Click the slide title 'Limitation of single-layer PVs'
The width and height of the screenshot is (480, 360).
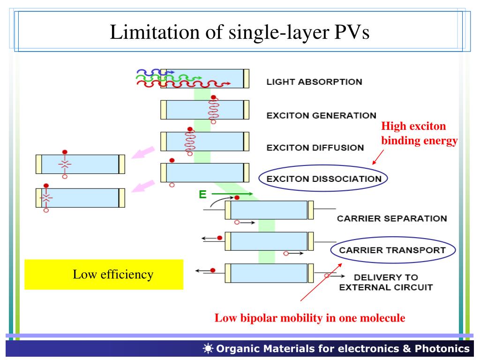(x=240, y=32)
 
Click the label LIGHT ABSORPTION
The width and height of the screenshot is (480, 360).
(x=314, y=82)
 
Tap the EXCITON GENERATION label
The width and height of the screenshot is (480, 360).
(x=321, y=115)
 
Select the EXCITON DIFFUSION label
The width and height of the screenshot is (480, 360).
(x=315, y=148)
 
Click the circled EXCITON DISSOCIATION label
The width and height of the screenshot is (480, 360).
(x=323, y=179)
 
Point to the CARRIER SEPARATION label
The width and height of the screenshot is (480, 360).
(x=392, y=218)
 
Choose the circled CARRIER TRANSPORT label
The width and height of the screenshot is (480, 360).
(x=392, y=250)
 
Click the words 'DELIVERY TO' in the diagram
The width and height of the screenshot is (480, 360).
(x=386, y=277)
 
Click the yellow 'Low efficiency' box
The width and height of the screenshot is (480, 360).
(x=104, y=274)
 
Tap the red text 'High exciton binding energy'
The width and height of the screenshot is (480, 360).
(x=419, y=134)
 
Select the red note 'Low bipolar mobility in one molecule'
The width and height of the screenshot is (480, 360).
(x=310, y=318)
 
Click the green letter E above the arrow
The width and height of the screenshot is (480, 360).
(x=202, y=194)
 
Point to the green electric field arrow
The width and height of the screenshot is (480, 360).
(x=232, y=194)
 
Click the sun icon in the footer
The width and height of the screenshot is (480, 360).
(x=208, y=348)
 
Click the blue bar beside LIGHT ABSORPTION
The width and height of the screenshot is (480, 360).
(x=204, y=78)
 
